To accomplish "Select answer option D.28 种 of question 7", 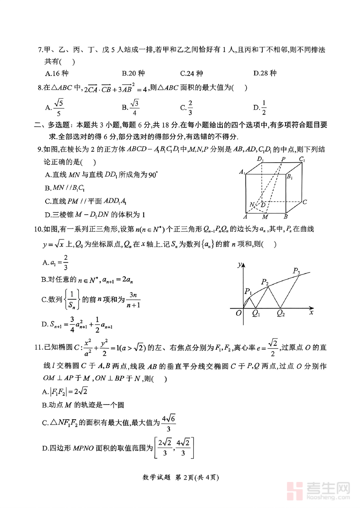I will tap(265, 73).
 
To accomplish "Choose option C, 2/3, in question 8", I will tap(187, 108).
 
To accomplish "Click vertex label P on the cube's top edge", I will tap(283, 159).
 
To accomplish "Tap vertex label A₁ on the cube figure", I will tap(242, 172).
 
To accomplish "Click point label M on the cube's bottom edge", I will tap(265, 217).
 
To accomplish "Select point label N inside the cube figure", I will tap(252, 205).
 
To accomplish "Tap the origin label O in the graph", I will tap(239, 313).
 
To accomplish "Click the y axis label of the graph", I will tap(239, 264).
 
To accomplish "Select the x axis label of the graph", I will tap(311, 313).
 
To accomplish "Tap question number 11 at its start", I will tap(38, 347).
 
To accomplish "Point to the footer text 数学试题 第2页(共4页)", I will tap(180, 477).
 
